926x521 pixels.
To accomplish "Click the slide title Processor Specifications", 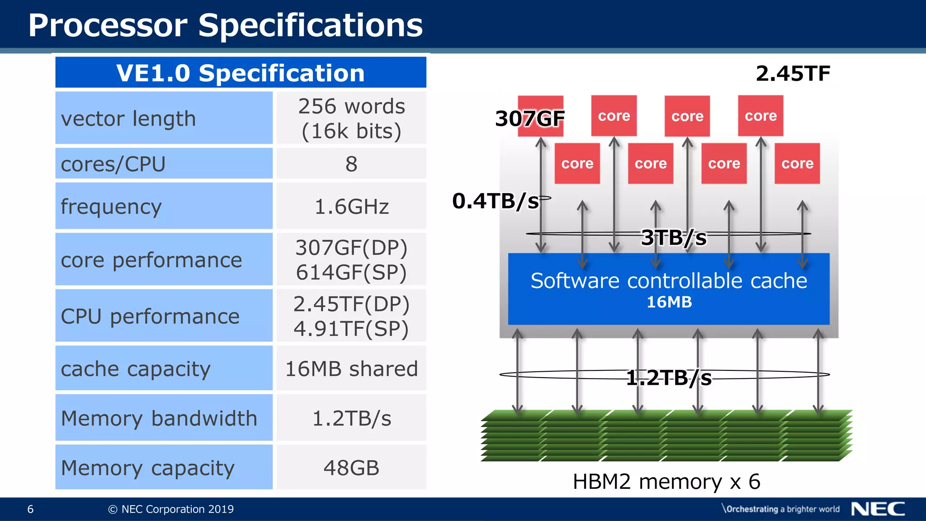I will coord(225,25).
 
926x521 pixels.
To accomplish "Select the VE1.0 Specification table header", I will coord(241,73).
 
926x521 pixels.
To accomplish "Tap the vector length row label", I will coord(128,118).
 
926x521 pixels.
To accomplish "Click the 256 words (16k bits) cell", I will coord(351,118).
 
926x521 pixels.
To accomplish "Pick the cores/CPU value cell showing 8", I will coord(351,164).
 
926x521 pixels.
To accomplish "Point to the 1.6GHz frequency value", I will coord(351,207).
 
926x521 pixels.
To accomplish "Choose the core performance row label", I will coord(151,260).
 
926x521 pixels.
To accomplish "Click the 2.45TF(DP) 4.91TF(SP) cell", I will coord(351,316).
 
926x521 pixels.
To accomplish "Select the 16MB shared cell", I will coord(351,369).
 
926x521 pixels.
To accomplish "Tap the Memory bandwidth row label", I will coord(159,418).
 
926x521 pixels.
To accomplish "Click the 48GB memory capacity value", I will coord(351,468).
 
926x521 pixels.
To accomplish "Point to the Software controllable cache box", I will coord(669,289).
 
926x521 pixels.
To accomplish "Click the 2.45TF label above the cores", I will coord(793,73).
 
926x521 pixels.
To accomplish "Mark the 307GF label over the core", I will coord(530,118).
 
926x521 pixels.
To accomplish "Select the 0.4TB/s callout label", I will coord(496,201).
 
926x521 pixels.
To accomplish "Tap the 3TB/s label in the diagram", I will coord(674,237).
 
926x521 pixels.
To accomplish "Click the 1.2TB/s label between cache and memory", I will coord(669,378).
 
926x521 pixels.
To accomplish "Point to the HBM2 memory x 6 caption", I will coord(666,482).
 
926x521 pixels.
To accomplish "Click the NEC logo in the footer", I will coord(878,509).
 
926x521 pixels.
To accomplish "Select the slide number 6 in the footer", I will coord(30,509).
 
